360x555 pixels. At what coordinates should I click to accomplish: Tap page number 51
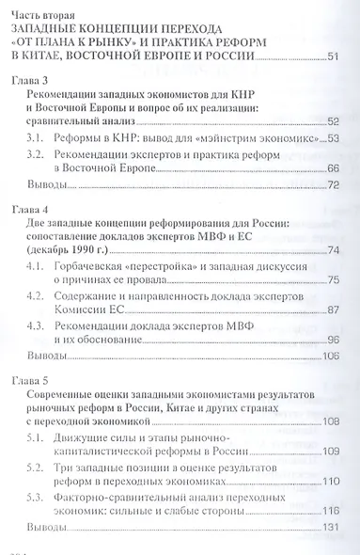coord(332,59)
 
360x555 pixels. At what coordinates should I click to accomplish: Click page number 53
coord(332,138)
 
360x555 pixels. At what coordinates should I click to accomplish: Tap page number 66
coord(332,169)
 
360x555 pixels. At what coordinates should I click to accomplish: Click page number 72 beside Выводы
coord(332,185)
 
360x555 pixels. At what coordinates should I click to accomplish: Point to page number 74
coord(332,248)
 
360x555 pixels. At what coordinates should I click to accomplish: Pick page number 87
coord(332,309)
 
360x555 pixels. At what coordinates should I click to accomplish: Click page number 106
coord(330,357)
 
